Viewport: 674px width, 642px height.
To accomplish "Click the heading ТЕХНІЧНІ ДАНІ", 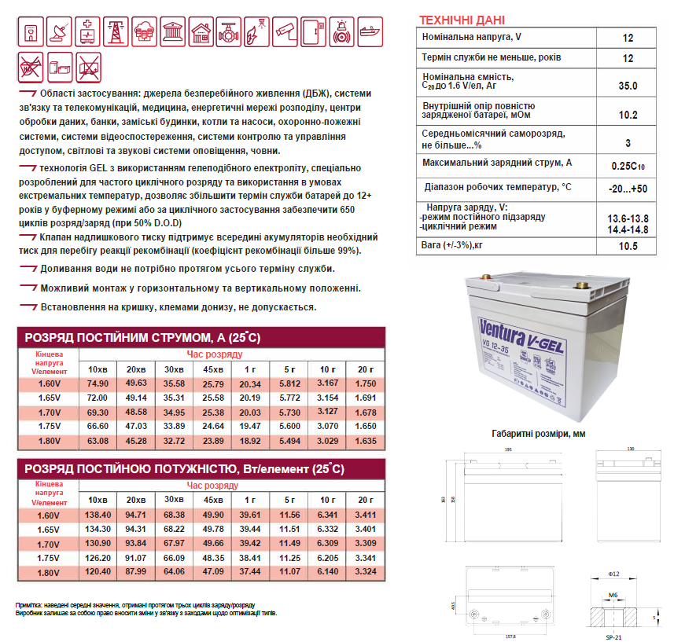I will [x=462, y=20].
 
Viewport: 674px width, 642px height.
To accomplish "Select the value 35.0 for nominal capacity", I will [x=628, y=85].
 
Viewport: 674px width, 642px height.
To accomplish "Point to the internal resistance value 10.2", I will [x=628, y=114].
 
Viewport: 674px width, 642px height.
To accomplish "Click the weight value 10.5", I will [x=628, y=246].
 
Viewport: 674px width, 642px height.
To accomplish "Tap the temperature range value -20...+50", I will [x=628, y=189].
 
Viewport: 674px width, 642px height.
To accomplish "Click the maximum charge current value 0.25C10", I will [x=628, y=166].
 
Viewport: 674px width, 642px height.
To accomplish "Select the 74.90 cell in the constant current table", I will [x=98, y=383].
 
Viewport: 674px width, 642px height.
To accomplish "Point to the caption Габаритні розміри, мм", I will [x=539, y=433].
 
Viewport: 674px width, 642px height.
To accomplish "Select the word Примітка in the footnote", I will [x=31, y=603].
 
